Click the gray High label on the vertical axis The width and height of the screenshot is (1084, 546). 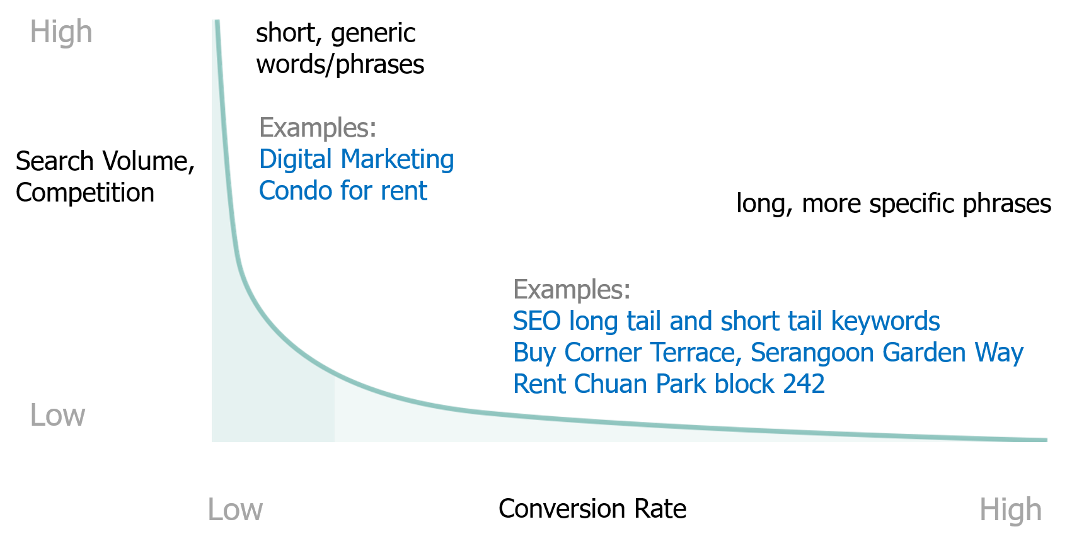click(61, 32)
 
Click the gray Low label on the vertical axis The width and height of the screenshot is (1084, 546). click(57, 416)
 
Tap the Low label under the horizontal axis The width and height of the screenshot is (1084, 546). click(235, 509)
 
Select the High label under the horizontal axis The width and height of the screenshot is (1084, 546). click(1010, 509)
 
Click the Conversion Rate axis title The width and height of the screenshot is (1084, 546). click(592, 509)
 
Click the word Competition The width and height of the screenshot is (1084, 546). click(85, 193)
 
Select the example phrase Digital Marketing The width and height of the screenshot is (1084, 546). click(357, 159)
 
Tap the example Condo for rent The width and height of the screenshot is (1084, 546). click(343, 191)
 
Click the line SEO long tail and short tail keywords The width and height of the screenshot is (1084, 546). click(727, 321)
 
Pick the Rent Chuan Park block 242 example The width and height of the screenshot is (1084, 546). click(669, 384)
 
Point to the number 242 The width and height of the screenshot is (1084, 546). click(804, 384)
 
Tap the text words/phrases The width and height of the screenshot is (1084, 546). click(340, 65)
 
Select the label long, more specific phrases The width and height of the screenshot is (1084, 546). click(894, 204)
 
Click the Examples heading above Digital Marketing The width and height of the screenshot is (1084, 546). click(318, 128)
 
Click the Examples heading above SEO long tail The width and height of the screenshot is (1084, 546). click(572, 290)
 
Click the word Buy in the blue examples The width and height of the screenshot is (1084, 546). click(535, 353)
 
